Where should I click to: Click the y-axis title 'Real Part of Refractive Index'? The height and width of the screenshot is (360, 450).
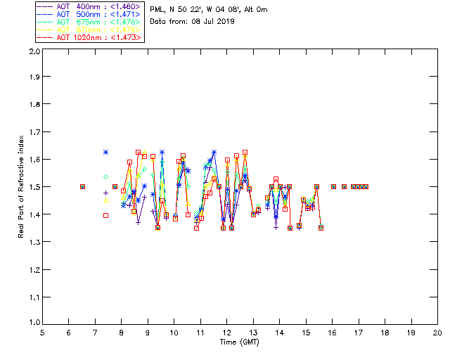coord(22,187)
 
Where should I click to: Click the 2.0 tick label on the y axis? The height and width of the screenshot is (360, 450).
coord(34,52)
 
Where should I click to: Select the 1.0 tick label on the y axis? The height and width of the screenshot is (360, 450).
coord(34,323)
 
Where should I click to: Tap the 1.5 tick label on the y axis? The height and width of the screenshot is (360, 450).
coord(34,188)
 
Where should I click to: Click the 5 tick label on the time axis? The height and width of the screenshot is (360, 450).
coord(42,332)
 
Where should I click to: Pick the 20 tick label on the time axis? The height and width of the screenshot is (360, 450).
coord(437,332)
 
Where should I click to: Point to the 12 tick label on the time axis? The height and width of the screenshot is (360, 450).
coord(226,332)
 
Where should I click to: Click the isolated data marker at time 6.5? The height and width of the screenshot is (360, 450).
coord(82,186)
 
